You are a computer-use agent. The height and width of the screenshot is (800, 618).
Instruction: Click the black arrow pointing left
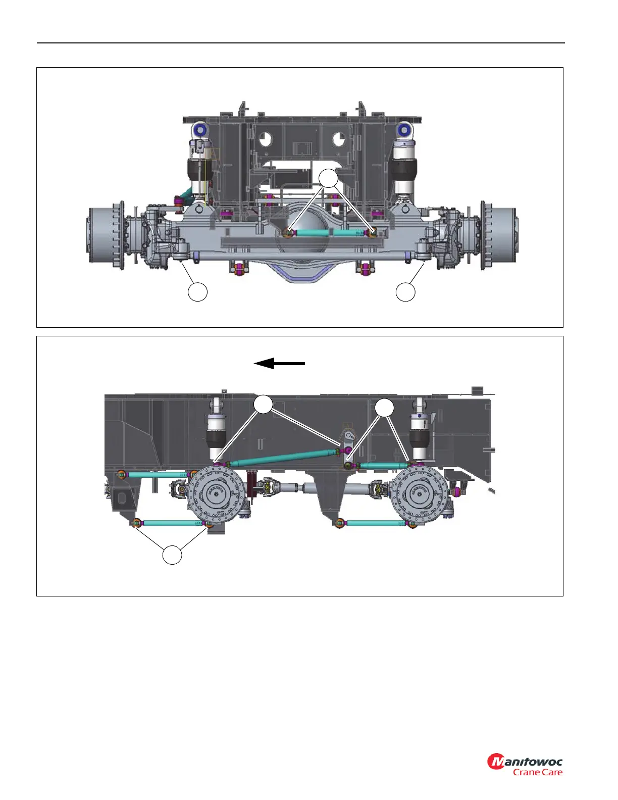pos(279,363)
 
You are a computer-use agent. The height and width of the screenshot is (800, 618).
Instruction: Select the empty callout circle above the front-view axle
pos(328,179)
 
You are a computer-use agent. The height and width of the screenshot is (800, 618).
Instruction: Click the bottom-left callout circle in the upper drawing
pos(197,292)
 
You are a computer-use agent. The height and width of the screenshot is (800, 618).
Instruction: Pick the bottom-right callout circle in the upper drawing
pos(405,292)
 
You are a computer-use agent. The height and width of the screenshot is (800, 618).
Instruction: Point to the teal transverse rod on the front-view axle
pos(330,233)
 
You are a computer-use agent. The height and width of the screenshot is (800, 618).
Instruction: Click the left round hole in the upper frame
pos(265,139)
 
